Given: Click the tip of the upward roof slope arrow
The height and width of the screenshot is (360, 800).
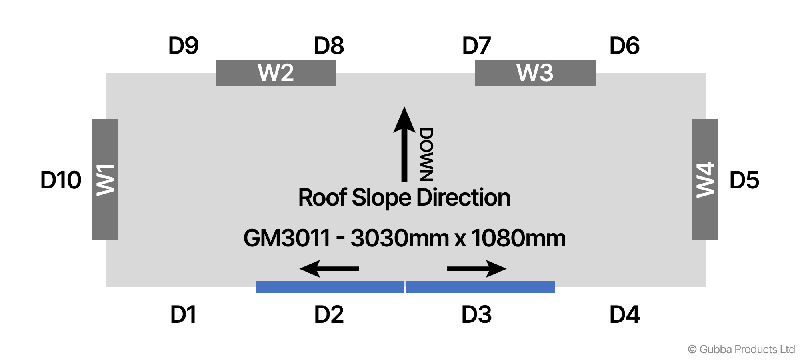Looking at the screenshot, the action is click(x=404, y=107).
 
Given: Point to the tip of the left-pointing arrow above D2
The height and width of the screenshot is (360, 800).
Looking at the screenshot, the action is click(x=299, y=269).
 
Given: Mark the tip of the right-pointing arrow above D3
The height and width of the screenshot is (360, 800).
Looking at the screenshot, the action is click(x=507, y=269).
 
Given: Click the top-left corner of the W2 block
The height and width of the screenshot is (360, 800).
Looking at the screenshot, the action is click(x=216, y=60).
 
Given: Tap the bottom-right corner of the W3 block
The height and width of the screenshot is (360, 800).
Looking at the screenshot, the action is click(x=596, y=86).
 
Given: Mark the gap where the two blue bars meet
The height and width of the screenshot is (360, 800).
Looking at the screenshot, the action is click(x=405, y=287).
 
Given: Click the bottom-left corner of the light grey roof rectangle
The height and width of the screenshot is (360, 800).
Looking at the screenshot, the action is click(x=106, y=287).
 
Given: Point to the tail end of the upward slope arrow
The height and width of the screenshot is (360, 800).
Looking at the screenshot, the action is click(x=404, y=182).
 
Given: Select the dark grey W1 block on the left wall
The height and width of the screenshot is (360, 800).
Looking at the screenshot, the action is click(x=105, y=180).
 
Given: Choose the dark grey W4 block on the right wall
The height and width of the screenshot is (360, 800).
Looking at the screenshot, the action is click(x=705, y=180).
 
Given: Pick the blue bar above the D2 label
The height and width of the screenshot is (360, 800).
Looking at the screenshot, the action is click(x=330, y=287).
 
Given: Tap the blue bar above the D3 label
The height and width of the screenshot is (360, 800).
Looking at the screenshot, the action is click(x=480, y=287).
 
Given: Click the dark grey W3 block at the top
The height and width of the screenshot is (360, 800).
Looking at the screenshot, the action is click(x=535, y=73).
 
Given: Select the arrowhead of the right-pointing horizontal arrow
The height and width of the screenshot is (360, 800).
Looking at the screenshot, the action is click(x=496, y=269).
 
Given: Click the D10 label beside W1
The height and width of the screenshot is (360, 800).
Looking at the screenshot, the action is click(x=61, y=180).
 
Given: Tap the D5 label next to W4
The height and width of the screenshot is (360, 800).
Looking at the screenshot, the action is click(x=744, y=180).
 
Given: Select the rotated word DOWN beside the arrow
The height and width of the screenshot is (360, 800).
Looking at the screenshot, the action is click(x=426, y=155).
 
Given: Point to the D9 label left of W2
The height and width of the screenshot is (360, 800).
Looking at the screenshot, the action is click(x=183, y=46).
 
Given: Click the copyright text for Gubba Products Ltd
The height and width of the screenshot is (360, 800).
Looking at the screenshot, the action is click(x=741, y=349).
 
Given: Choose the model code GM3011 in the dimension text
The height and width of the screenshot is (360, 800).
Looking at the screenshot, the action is click(x=287, y=238).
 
